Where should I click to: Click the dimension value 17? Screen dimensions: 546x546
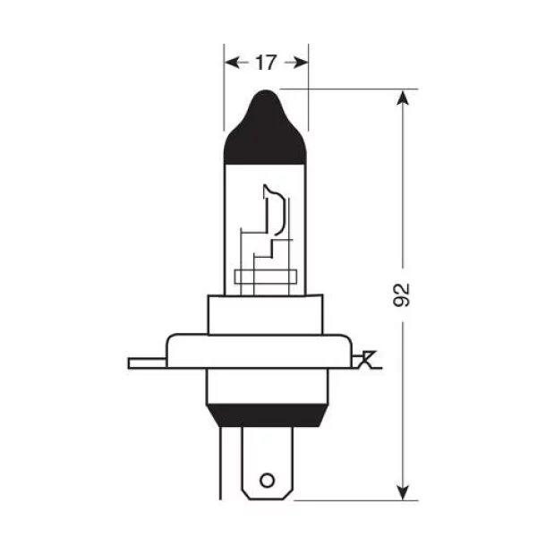tap(265, 63)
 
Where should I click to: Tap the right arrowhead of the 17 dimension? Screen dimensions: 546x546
tap(302, 63)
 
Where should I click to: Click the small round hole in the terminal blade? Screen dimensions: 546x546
tap(265, 482)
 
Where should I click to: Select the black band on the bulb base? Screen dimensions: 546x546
tap(265, 414)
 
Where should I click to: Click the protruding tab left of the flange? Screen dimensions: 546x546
tap(146, 363)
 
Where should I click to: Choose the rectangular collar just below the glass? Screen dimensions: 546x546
tap(265, 313)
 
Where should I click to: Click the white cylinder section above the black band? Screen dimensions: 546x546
tap(265, 385)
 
